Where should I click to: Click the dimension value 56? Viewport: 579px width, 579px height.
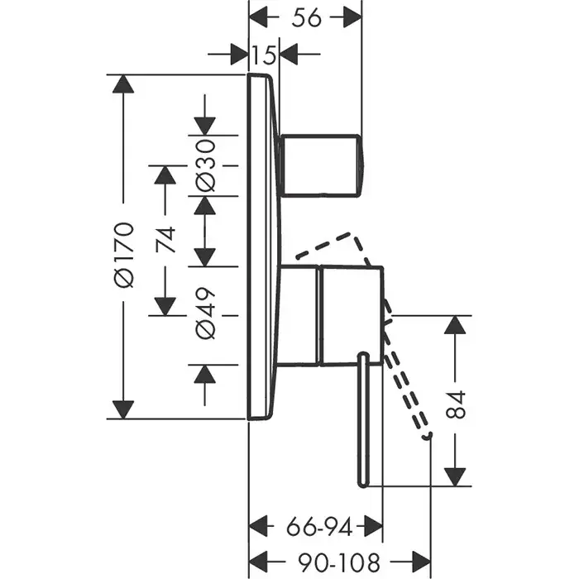[307, 17]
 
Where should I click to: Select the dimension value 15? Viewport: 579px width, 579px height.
[265, 55]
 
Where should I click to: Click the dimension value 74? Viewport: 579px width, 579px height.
[165, 240]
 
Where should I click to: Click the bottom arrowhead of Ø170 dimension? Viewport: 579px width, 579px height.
[123, 409]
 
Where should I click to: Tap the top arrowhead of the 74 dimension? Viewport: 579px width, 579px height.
[165, 175]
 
